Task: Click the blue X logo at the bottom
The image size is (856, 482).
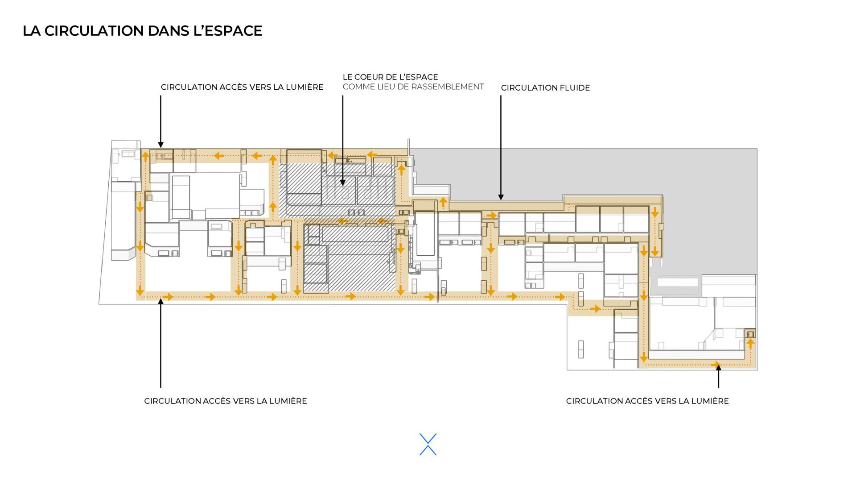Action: point(428,445)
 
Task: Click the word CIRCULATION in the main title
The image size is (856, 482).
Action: point(94,31)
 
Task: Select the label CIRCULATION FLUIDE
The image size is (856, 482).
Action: point(545,88)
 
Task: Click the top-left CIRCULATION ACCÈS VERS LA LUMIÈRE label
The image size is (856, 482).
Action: point(242,87)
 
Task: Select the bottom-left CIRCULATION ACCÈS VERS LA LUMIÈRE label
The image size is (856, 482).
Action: point(226,401)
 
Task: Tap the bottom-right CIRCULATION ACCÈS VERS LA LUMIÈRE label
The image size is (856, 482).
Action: point(647,401)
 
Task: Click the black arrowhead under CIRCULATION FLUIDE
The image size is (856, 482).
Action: point(501,197)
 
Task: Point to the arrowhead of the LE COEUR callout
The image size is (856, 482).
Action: point(343,183)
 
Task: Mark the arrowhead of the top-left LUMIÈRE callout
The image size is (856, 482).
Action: point(160,145)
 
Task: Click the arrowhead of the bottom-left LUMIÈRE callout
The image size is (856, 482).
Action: point(160,301)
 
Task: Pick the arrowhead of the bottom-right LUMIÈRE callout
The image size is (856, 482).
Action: point(718,367)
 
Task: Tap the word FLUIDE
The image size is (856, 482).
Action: point(575,88)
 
